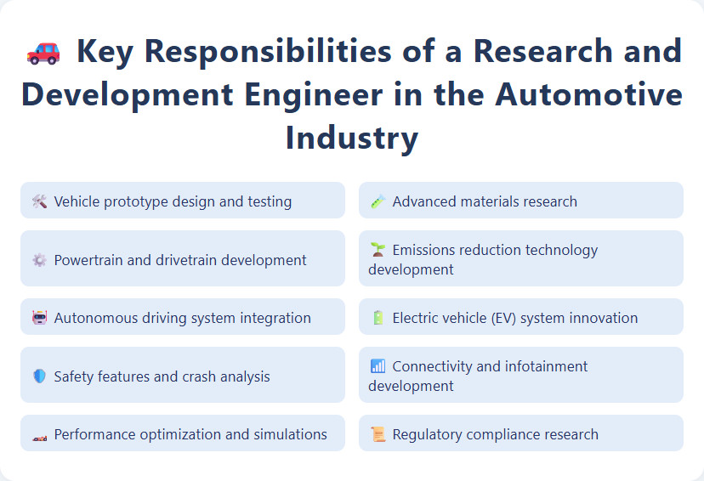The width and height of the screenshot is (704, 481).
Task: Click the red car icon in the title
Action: tap(43, 53)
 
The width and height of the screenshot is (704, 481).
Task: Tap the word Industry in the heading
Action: tap(351, 138)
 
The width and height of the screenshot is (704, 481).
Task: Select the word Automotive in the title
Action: tap(589, 94)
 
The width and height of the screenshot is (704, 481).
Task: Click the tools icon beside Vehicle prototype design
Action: tap(39, 201)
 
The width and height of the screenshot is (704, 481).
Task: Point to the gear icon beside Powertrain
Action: tap(39, 260)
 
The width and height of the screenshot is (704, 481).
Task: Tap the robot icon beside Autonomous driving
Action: tap(39, 318)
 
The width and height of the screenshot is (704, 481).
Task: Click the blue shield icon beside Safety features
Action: tap(39, 376)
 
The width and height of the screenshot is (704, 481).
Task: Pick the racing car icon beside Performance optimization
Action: tap(39, 435)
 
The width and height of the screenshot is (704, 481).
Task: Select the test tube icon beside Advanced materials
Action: tap(378, 201)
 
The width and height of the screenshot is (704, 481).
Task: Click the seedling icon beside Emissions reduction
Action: tap(378, 250)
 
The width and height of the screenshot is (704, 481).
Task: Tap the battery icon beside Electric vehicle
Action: tap(378, 318)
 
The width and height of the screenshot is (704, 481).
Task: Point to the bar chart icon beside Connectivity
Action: tap(378, 366)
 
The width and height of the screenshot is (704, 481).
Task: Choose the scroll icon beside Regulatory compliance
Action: tap(378, 434)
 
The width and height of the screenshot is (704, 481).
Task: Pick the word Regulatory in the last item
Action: tap(427, 434)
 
